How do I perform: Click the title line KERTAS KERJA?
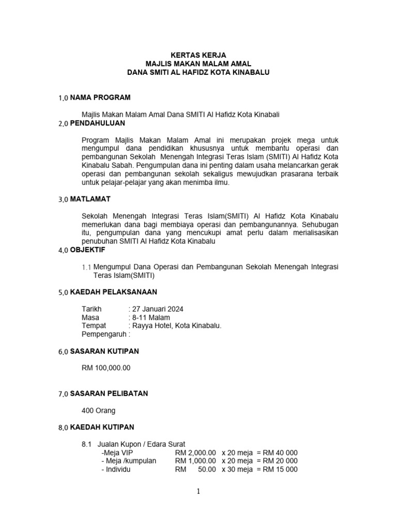(x=198, y=54)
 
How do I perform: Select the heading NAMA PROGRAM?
(x=100, y=97)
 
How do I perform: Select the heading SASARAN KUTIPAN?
(x=104, y=351)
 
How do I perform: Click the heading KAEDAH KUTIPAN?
(x=102, y=427)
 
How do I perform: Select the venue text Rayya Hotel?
(x=153, y=326)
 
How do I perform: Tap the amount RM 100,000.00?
(x=106, y=368)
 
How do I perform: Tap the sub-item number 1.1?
(x=86, y=267)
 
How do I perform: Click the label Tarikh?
(x=93, y=309)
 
